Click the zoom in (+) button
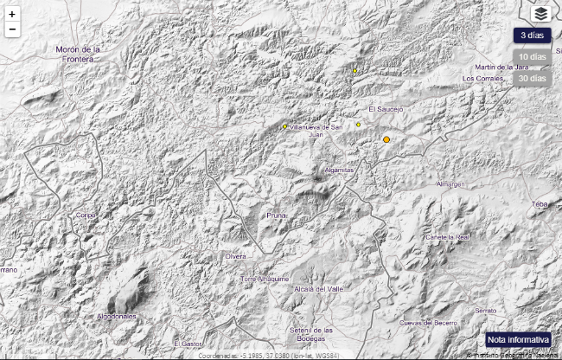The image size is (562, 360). pos(12,15)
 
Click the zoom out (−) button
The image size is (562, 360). pos(12,29)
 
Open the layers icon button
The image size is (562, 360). pos(540,13)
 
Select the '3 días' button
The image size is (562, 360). pos(532,35)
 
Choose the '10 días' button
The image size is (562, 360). pos(532,57)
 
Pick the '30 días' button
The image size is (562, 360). pos(532,79)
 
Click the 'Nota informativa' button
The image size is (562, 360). pos(518,339)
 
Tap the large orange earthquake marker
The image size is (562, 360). pos(386,139)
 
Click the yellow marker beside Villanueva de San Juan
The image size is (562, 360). pos(285,126)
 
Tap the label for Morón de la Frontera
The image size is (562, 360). pos(78,54)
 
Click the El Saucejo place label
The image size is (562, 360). pos(386,109)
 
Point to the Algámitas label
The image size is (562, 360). pos(340,170)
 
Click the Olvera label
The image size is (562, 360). pos(236,256)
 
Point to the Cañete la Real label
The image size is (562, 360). pos(448,236)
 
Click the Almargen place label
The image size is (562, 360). pos(450,184)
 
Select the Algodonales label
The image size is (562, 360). pos(117,316)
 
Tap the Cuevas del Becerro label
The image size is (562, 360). pos(427,322)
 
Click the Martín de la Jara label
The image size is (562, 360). pos(502,67)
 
